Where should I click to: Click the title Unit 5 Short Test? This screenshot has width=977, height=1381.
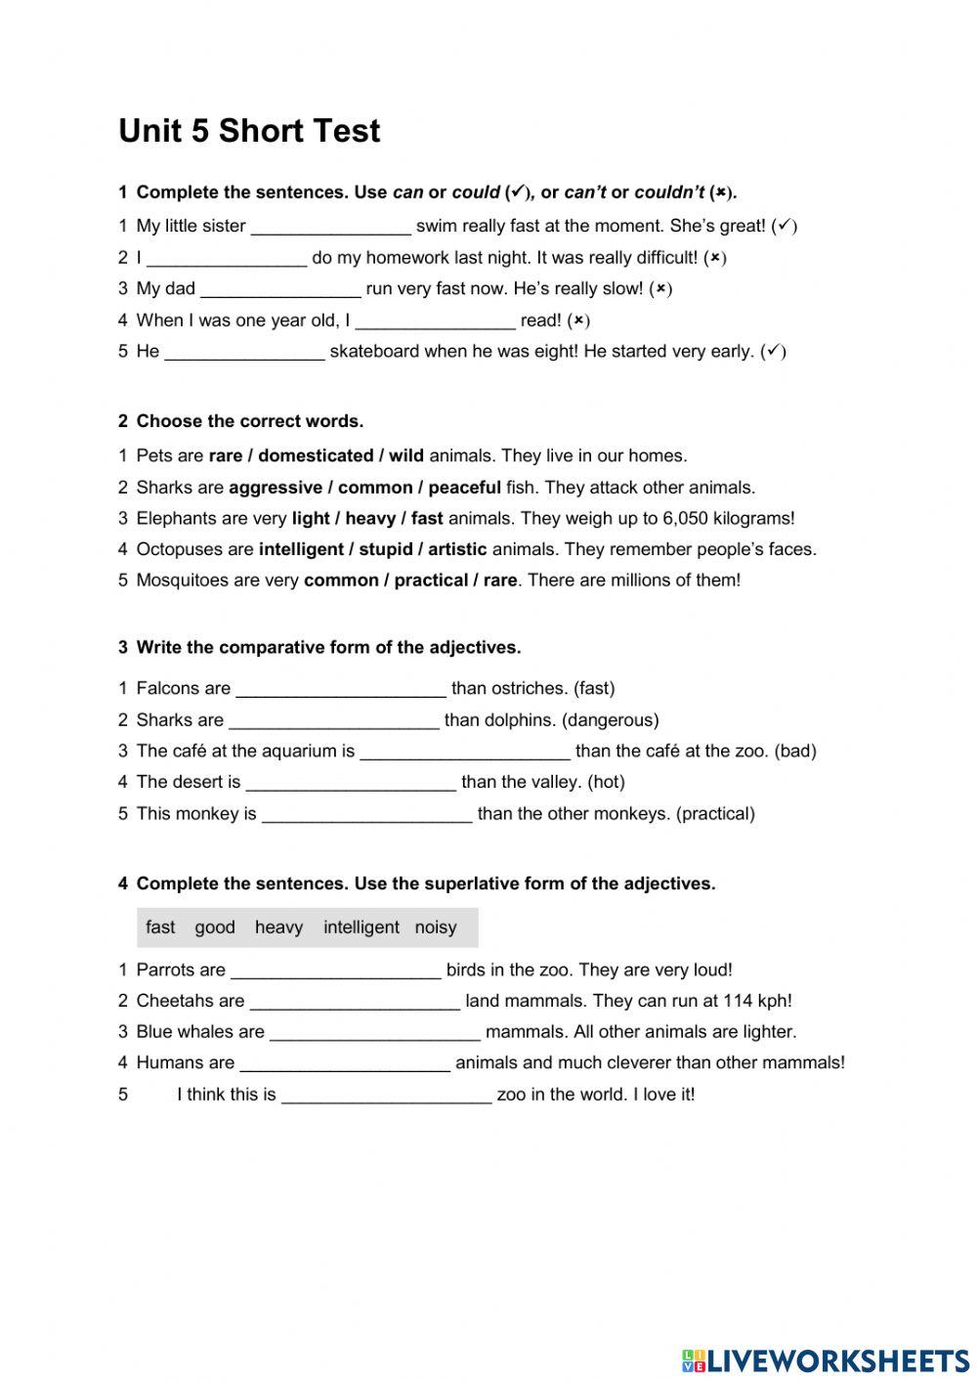coord(249,131)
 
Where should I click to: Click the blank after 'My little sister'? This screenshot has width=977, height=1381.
coord(331,227)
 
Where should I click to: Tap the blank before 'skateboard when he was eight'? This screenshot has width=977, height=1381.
coord(244,352)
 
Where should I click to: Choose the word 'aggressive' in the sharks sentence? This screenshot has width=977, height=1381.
coord(276,488)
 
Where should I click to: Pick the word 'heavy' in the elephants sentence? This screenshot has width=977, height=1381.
coord(369,519)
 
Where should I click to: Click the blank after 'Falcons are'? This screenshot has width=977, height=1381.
coord(341,689)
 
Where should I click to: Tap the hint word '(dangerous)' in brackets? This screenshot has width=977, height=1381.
coord(611,720)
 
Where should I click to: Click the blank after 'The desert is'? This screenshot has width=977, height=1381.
coord(351,783)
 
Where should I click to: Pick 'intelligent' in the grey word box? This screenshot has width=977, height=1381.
coord(361,928)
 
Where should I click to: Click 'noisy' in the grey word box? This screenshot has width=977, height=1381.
coord(436,928)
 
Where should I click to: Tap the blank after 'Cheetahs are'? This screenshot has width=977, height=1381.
coord(355,1002)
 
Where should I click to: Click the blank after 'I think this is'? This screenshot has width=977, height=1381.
coord(386,1096)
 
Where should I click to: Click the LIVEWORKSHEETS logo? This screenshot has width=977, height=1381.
coord(825,1359)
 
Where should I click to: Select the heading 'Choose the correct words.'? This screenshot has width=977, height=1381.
coord(249,422)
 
